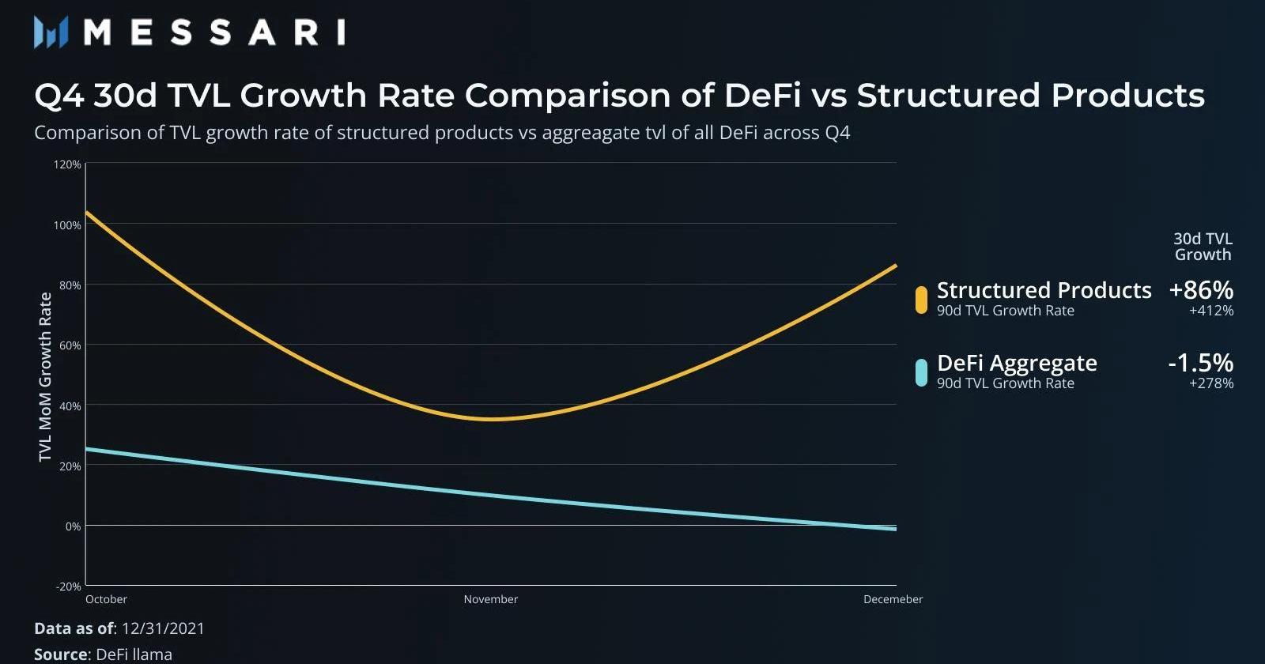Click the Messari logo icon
[51, 32]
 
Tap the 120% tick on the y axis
[68, 164]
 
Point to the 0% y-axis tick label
[73, 526]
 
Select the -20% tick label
[69, 587]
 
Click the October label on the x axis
[106, 599]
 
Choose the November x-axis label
[490, 599]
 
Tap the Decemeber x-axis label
[893, 599]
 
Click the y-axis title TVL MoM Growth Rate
[45, 377]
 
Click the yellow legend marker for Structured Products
[921, 300]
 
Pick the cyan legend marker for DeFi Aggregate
[921, 372]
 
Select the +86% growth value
[1201, 290]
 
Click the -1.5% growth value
[1200, 363]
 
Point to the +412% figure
[1211, 311]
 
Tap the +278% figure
[1211, 383]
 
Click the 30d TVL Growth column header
[1203, 247]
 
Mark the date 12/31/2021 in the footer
[163, 628]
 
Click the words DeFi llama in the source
[134, 655]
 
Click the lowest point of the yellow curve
[491, 419]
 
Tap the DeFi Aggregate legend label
[1017, 363]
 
